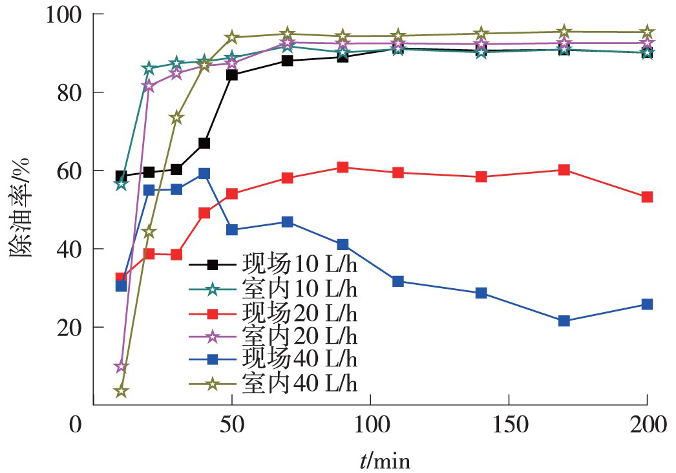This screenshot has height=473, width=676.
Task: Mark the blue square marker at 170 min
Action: (x=564, y=321)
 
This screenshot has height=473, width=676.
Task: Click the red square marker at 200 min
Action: (x=646, y=197)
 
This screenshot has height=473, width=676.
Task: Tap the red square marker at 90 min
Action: (x=343, y=168)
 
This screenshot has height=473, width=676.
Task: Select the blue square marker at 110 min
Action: (x=398, y=281)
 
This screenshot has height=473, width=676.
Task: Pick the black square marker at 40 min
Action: (x=204, y=143)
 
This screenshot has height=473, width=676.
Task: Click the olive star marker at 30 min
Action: (x=176, y=118)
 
